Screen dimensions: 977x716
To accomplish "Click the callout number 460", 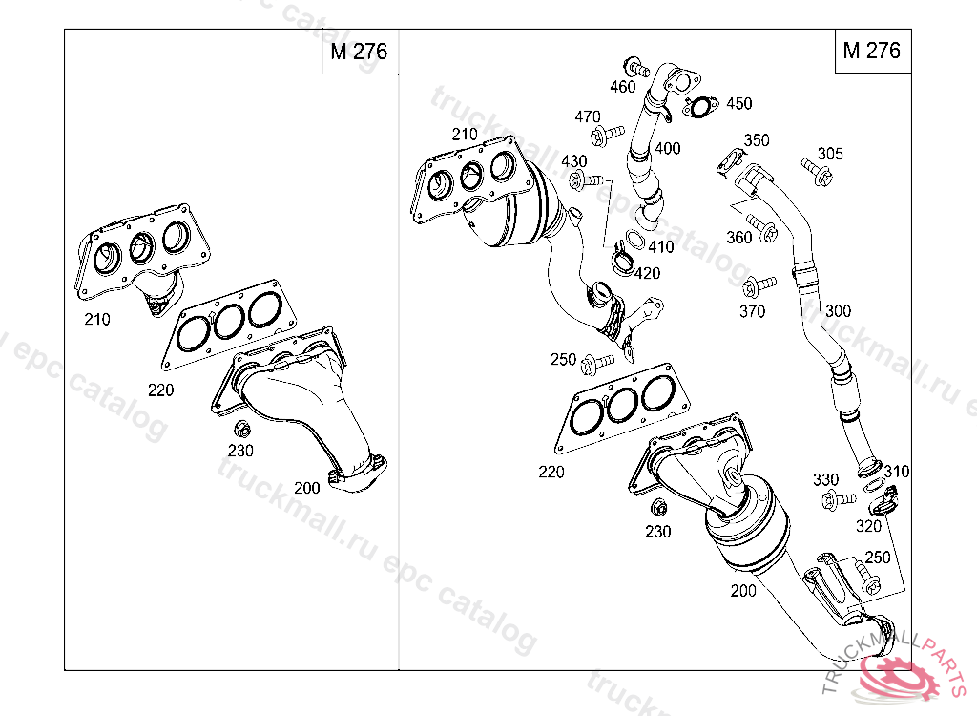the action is tap(622, 87).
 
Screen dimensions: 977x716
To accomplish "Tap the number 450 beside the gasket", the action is tap(738, 103).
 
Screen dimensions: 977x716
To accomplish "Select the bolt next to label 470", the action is tap(605, 135).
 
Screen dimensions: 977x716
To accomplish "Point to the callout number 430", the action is tap(574, 160).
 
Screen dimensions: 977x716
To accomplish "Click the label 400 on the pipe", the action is tap(668, 148).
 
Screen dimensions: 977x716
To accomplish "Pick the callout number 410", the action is tap(660, 246).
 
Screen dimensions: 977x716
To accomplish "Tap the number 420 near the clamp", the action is tap(647, 273).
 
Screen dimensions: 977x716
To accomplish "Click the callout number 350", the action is tap(756, 140).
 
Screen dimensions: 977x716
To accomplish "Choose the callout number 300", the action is tap(838, 310).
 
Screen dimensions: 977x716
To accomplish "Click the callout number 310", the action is tap(897, 472).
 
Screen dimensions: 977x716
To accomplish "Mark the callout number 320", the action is tap(868, 526).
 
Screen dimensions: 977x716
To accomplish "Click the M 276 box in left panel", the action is tap(360, 52).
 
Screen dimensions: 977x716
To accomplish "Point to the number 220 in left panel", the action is tap(161, 389).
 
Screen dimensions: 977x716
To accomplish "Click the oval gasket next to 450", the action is tap(701, 108).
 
